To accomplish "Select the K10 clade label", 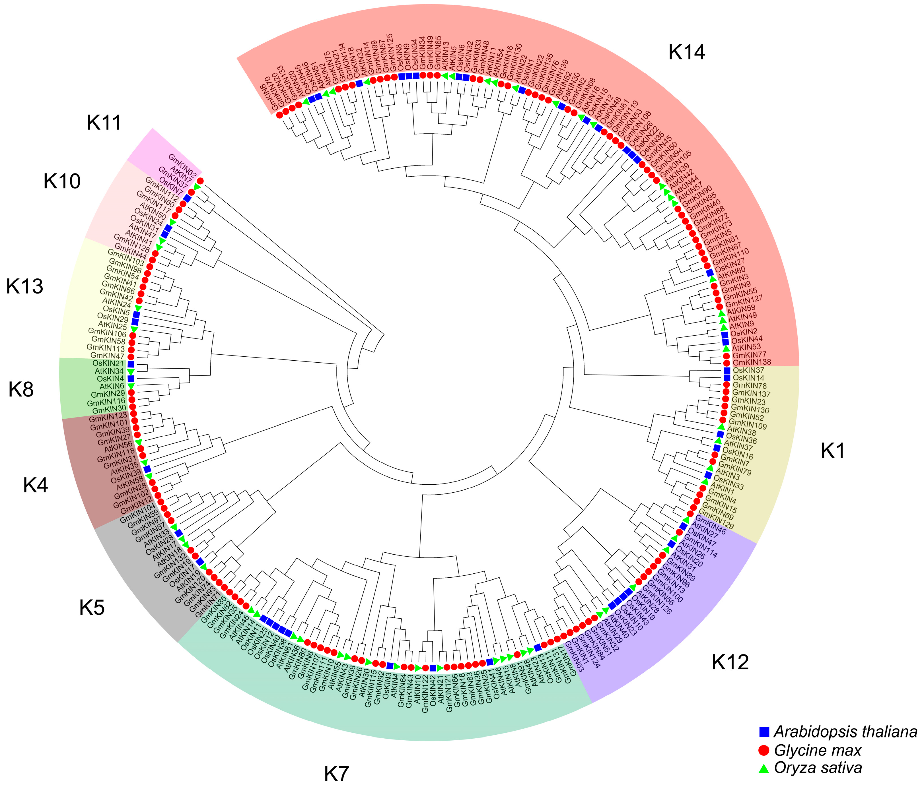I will pyautogui.click(x=62, y=181).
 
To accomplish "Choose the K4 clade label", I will pyautogui.click(x=35, y=486).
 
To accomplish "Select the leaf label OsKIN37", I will pyautogui.click(x=748, y=370).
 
